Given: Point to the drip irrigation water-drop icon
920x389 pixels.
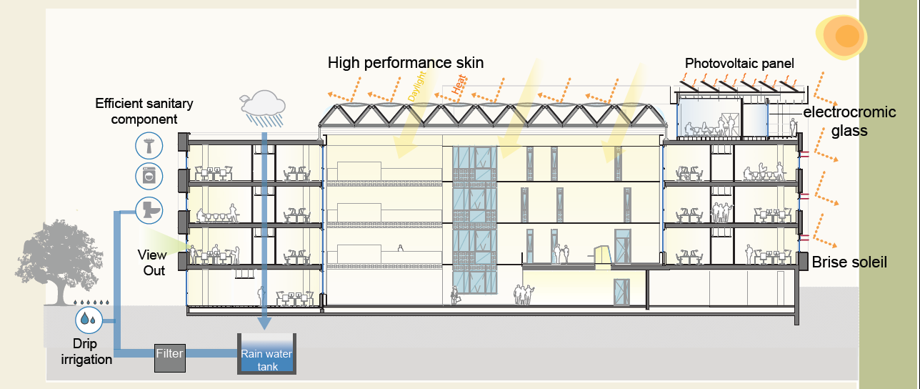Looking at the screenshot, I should click(89, 319).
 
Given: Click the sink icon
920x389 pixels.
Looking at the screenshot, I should click(149, 146).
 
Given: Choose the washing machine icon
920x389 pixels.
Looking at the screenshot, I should click(149, 176).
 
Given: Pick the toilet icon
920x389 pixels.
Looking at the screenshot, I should click(149, 208).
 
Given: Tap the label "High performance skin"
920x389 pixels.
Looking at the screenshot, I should click(406, 63).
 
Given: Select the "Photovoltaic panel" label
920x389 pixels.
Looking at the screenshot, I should click(739, 64).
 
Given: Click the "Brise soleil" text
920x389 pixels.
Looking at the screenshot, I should click(849, 262).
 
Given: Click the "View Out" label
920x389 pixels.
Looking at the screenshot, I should click(153, 262).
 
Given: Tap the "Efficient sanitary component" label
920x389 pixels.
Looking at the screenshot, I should click(144, 112).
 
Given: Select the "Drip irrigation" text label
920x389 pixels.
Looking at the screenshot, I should click(86, 352).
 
